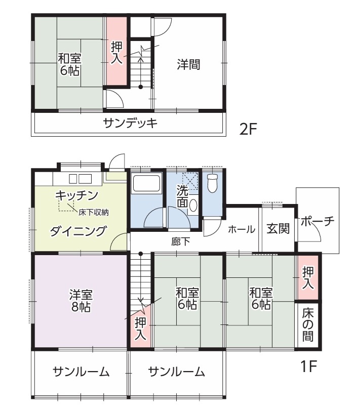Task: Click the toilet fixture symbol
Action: (x=212, y=183)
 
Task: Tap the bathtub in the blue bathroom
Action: (x=146, y=184)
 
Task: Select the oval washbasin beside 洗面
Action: (x=193, y=206)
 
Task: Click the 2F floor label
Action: (x=248, y=129)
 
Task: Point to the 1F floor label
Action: (x=309, y=366)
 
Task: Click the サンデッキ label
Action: (x=130, y=123)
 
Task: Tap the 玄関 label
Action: (x=278, y=229)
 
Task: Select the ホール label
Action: (x=242, y=229)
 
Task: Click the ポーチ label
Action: (x=317, y=222)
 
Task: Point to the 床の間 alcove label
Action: (x=308, y=325)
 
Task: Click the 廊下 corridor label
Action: (x=181, y=242)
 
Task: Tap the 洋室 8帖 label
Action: (x=81, y=301)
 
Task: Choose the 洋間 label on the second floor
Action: (x=189, y=64)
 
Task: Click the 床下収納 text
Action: (x=93, y=212)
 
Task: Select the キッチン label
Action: (x=76, y=195)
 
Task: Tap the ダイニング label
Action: (x=78, y=231)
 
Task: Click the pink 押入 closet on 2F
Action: (x=116, y=51)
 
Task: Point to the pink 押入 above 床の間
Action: (x=308, y=278)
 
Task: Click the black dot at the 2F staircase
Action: (x=141, y=87)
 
